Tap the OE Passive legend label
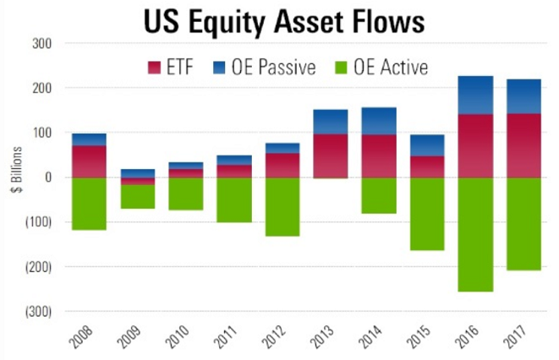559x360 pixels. (275, 66)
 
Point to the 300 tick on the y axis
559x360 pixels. (41, 44)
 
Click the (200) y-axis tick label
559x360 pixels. (36, 267)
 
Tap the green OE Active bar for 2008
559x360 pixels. (89, 203)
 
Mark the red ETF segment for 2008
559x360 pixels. (89, 161)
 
